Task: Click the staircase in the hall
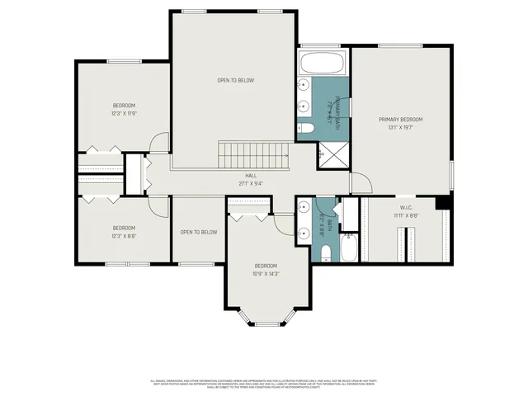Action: [x=254, y=153]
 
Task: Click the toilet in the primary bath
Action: [x=305, y=128]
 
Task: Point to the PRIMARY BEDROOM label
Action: [x=401, y=120]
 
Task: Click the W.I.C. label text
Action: [x=406, y=208]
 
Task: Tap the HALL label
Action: [x=250, y=175]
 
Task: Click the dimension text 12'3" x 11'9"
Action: [x=124, y=114]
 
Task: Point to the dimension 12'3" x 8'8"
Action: [x=124, y=236]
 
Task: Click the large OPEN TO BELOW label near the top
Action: [x=235, y=80]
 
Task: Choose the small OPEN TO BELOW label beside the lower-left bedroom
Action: [x=199, y=232]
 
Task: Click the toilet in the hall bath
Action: [x=326, y=252]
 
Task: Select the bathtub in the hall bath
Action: [x=349, y=247]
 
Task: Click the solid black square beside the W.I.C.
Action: [x=443, y=202]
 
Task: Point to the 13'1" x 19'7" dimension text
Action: [x=401, y=128]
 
